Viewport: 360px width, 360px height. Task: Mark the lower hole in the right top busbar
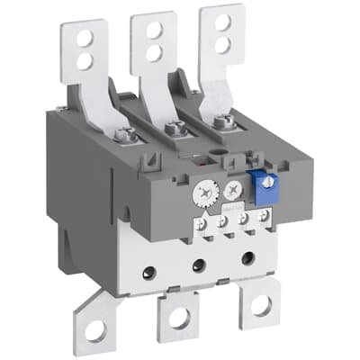(222, 42)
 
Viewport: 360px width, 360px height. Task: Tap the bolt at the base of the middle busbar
(178, 128)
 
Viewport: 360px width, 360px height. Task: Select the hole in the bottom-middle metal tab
(176, 316)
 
